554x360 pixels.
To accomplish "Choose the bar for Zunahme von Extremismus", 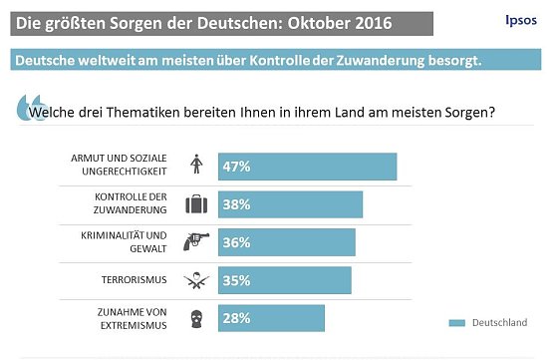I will [x=268, y=318].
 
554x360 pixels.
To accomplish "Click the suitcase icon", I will [x=196, y=204].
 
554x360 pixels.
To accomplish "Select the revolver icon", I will [x=196, y=242].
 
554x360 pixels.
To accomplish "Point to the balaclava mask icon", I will [x=196, y=318].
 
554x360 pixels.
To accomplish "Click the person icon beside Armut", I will [x=196, y=167].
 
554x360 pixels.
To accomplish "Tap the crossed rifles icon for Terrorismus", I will [x=196, y=280].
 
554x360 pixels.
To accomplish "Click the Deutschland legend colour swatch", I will [x=457, y=323].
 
